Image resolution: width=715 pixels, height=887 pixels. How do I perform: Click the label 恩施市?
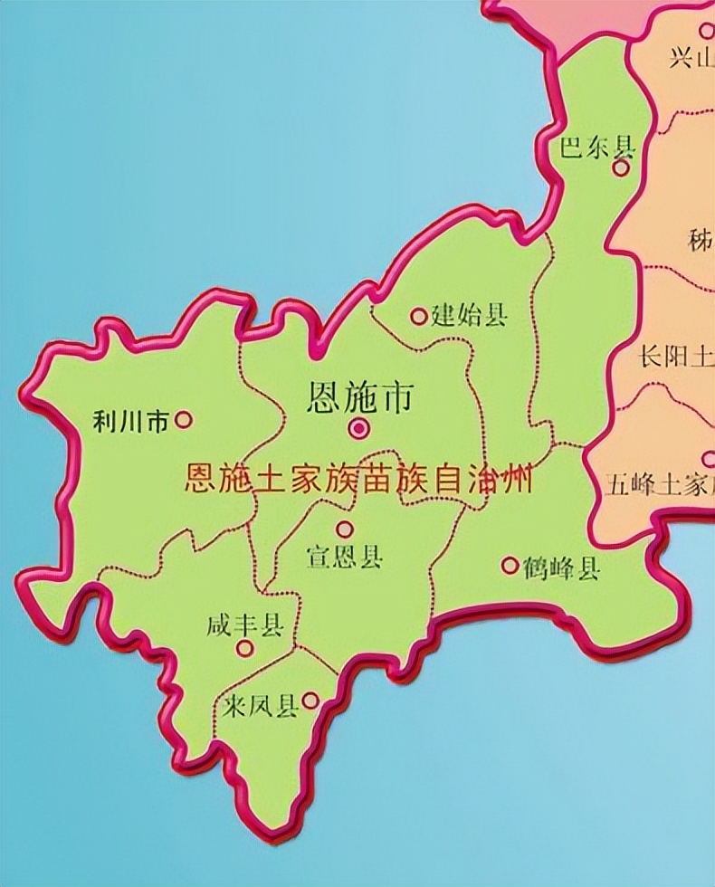coord(360,397)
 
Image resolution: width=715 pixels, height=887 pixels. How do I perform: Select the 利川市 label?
coord(131,421)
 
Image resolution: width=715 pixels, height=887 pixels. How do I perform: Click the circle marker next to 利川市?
coord(184,419)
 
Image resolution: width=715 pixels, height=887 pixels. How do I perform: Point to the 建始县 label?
coord(470,315)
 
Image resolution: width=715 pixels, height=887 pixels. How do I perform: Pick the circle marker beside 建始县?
coord(418,316)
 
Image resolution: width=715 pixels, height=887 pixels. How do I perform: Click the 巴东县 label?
coord(597,147)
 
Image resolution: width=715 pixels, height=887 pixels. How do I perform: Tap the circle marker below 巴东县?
coord(621,168)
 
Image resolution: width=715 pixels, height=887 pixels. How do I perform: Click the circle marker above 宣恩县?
coord(344,529)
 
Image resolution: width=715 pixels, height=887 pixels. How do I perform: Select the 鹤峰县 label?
coord(562,568)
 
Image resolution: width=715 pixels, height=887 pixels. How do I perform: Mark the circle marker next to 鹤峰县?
coord(510,566)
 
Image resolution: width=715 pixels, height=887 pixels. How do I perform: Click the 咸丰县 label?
coord(244,625)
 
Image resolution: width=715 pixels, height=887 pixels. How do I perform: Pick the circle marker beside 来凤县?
coord(310,701)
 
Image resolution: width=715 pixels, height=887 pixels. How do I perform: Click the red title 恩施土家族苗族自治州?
coord(358,478)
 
